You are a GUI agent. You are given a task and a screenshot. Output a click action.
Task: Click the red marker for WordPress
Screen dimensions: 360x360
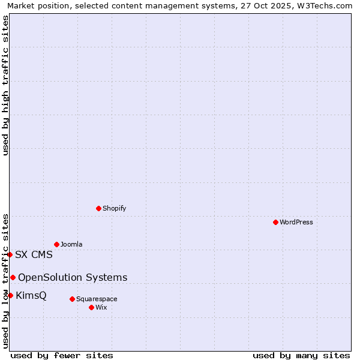point(275,222)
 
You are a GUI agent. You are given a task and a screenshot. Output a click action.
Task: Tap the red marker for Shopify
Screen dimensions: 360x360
point(98,208)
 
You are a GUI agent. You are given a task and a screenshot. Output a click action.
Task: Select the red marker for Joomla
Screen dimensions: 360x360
point(56,244)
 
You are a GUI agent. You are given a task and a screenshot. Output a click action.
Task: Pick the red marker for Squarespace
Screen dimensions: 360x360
point(72,299)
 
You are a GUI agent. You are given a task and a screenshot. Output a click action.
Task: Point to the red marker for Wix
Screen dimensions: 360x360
point(91,307)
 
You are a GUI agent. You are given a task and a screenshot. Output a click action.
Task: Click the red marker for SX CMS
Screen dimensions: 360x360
point(10,254)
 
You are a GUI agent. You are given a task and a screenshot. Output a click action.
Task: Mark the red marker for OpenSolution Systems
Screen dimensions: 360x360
point(13,277)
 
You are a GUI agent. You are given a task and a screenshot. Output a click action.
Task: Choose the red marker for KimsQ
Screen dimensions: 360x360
point(10,295)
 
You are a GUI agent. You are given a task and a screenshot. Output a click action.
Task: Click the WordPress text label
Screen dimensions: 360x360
point(296,222)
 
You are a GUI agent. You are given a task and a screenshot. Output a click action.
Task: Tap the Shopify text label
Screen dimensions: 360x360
point(115,208)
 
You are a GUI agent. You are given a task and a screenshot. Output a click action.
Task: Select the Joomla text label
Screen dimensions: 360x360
point(71,244)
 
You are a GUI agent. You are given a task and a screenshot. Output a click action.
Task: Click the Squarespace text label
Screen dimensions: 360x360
point(97,299)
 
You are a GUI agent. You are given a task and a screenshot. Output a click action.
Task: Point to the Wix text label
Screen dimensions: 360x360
point(101,307)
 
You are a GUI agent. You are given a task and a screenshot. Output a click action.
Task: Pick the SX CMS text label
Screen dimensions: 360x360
point(34,254)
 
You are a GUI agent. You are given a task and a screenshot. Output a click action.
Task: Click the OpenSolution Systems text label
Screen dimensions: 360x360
point(73,277)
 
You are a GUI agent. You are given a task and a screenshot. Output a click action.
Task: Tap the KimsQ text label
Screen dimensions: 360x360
point(31,295)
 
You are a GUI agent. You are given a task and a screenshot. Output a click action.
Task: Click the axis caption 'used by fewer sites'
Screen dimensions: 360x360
point(62,355)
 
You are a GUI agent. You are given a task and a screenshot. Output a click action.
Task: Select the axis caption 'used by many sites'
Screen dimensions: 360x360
point(301,355)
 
